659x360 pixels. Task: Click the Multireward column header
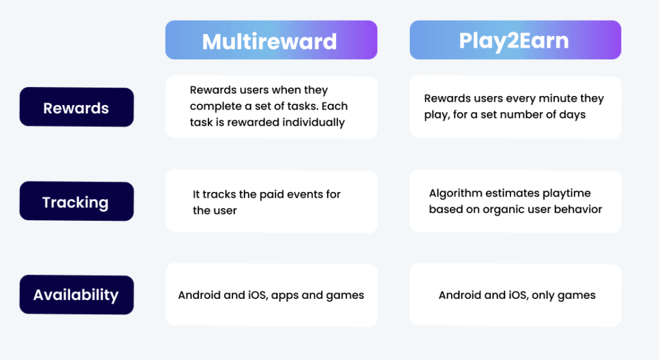270,41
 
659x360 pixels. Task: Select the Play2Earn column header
515,41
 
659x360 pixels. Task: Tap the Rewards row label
76,108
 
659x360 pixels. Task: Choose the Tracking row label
75,202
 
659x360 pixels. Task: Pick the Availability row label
76,295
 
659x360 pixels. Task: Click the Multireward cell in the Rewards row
271,107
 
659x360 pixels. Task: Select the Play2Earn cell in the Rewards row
515,107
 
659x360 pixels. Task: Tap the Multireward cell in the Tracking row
271,202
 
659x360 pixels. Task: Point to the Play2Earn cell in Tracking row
515,202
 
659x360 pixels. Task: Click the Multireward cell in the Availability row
271,295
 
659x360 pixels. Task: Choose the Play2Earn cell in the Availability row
515,295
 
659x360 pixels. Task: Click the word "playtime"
565,193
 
